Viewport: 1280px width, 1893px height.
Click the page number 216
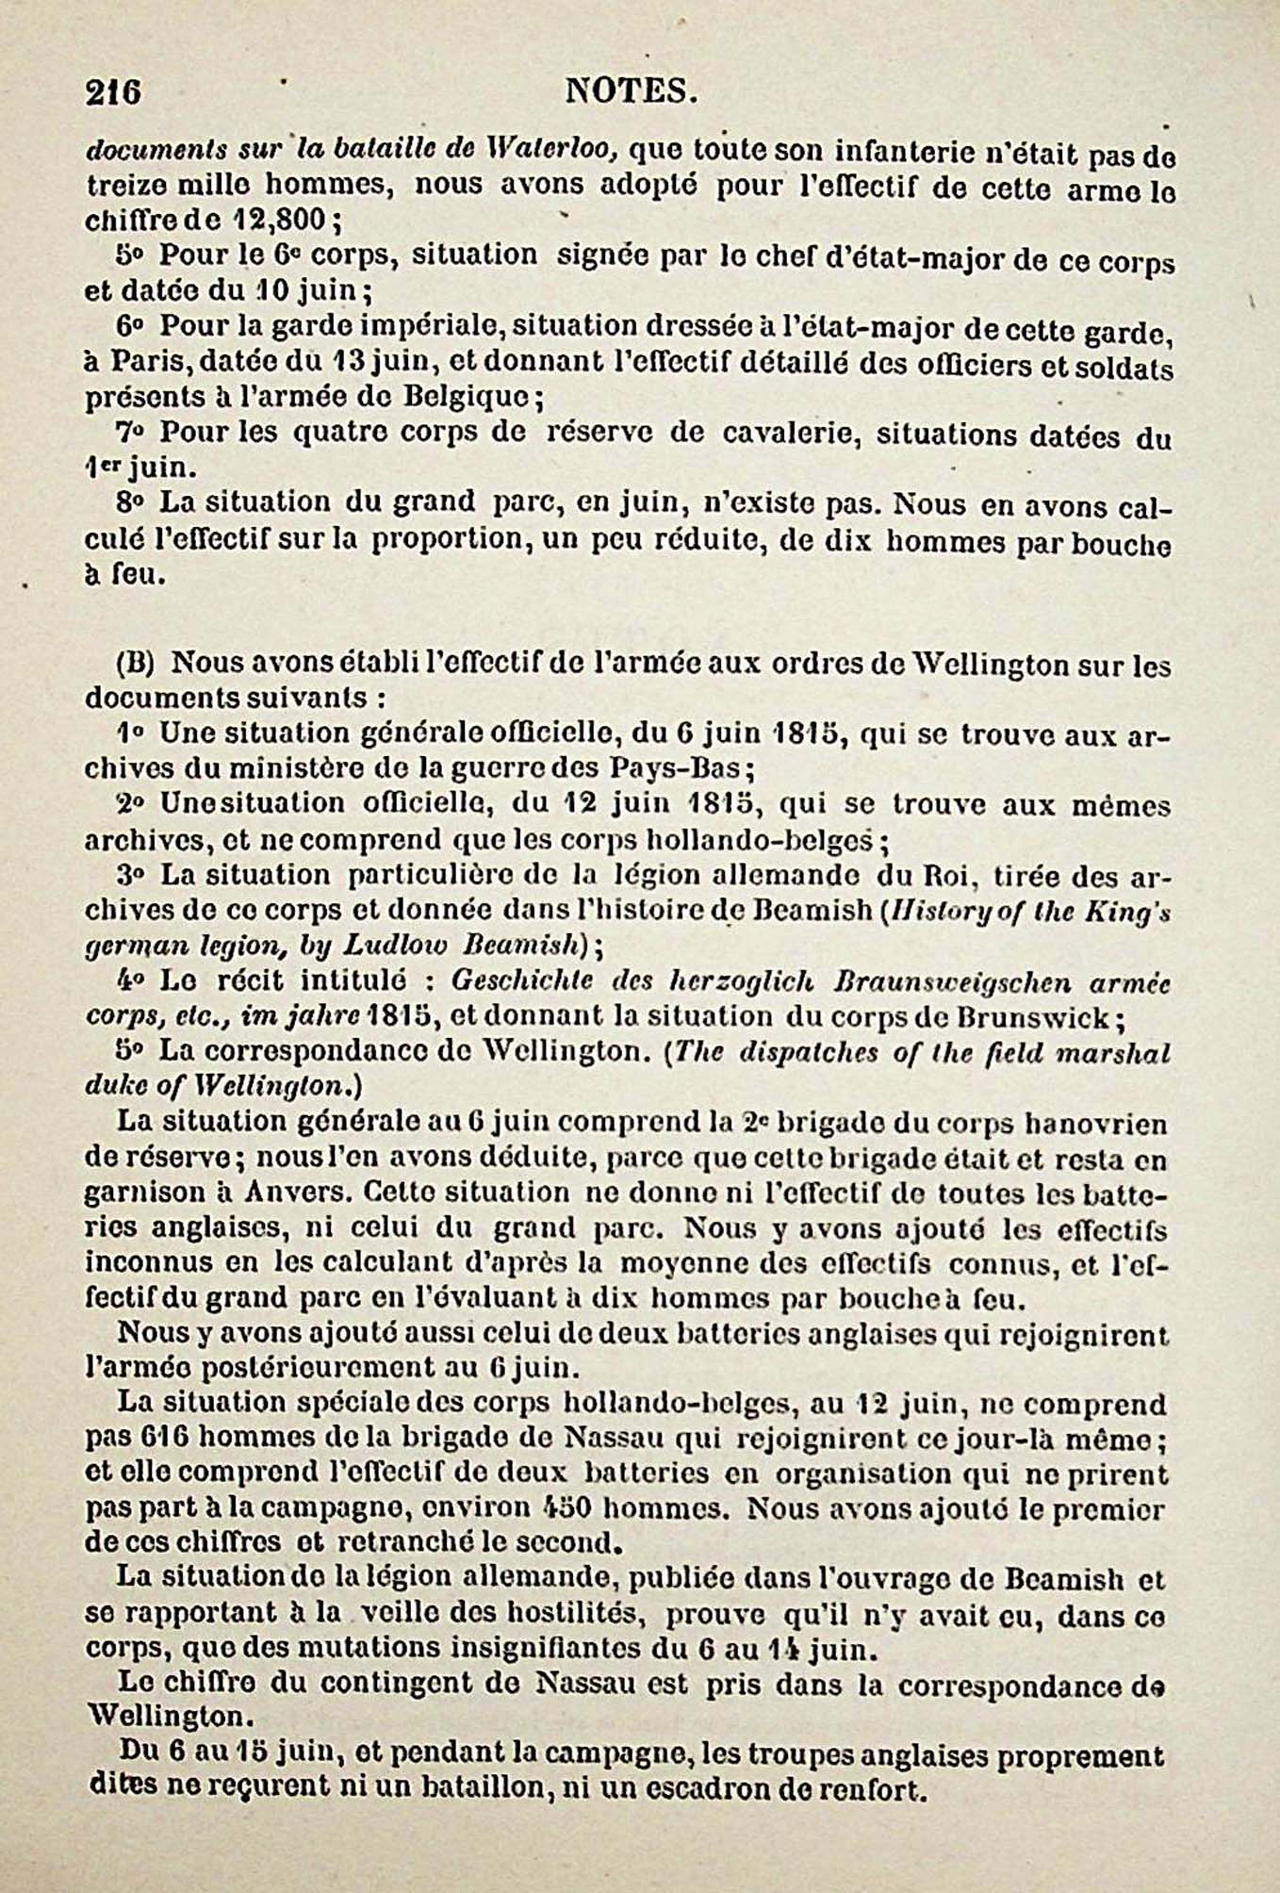[x=113, y=92]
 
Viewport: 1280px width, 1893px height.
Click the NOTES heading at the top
[x=631, y=91]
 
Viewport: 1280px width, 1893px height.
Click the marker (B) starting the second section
[x=135, y=662]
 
